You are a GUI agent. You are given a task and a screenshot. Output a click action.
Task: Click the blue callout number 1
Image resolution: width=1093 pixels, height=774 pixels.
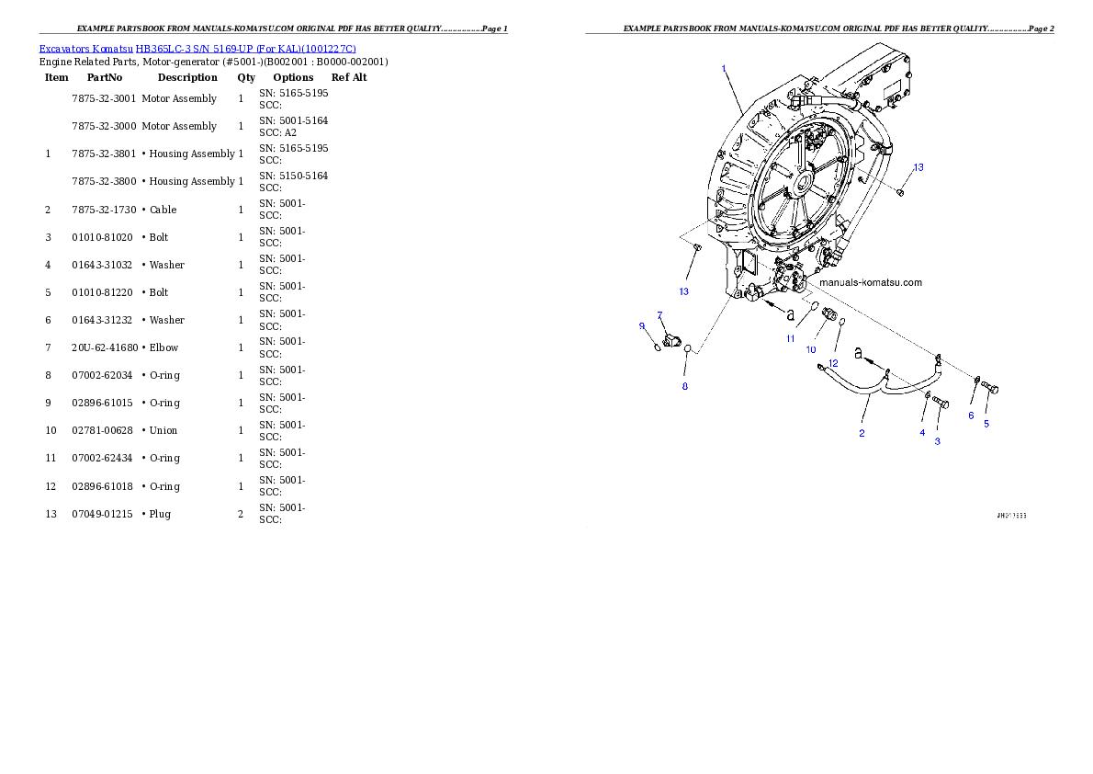pos(724,68)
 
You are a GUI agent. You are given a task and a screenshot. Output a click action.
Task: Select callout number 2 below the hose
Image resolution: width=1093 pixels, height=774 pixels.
pos(862,433)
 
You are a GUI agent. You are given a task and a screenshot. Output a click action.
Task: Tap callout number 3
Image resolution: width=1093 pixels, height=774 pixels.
pos(938,441)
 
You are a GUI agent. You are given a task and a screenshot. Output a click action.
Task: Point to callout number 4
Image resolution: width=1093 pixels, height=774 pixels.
pos(922,432)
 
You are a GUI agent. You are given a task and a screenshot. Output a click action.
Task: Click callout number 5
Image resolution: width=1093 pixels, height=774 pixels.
pos(986,424)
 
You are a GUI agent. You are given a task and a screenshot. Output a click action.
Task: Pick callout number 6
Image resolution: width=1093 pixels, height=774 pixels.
pos(971,415)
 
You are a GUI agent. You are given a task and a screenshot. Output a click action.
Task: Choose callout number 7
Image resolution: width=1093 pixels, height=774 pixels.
pos(659,315)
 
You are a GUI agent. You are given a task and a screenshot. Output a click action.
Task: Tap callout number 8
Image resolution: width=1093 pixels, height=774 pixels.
pos(684,386)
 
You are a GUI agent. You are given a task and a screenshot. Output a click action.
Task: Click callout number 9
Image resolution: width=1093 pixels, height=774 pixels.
pos(642,325)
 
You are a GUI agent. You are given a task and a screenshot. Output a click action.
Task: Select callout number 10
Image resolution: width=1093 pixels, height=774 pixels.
pos(811,349)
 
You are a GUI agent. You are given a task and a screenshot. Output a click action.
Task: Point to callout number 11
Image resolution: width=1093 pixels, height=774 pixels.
pos(790,338)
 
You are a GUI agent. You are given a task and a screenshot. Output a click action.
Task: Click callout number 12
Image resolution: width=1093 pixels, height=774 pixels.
pos(833,363)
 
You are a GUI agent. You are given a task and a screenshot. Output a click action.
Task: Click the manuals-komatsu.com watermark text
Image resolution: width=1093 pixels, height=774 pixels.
pos(870,282)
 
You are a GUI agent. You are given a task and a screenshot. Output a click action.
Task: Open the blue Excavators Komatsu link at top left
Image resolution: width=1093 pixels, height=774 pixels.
pos(197,48)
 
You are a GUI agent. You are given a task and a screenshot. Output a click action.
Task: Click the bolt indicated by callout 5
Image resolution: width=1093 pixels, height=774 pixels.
pos(990,390)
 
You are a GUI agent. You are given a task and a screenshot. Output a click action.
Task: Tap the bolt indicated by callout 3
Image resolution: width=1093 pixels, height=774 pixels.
pos(941,403)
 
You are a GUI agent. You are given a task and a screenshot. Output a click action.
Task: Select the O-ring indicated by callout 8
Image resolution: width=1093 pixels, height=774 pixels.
pos(688,349)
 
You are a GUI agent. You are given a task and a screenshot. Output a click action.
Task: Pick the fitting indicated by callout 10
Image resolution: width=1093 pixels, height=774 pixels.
pos(827,314)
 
